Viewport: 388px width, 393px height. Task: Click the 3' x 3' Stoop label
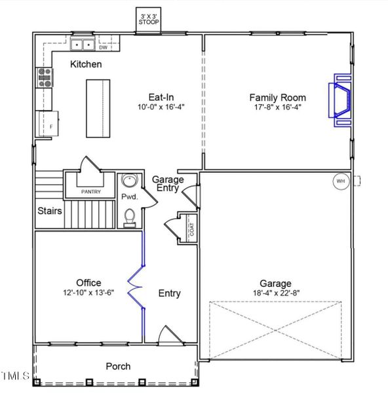click(x=149, y=18)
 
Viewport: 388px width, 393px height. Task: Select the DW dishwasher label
click(x=103, y=47)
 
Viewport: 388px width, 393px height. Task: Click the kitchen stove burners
click(x=45, y=78)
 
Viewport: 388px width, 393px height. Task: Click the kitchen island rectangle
click(x=100, y=107)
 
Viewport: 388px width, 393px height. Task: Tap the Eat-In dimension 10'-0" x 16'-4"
click(x=161, y=107)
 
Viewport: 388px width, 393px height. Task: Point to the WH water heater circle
click(x=340, y=181)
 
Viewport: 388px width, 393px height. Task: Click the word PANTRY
click(x=90, y=192)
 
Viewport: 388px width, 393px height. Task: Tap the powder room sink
click(x=128, y=181)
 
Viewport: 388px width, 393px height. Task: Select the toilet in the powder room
click(x=129, y=216)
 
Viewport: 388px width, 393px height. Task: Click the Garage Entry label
click(x=168, y=184)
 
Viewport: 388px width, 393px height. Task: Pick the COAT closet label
click(x=192, y=229)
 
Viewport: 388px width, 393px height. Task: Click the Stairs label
click(x=50, y=211)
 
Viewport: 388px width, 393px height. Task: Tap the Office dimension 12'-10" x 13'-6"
click(x=88, y=292)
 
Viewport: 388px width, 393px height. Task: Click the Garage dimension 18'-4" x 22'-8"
click(x=275, y=293)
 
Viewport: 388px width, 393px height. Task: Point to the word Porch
click(x=118, y=366)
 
